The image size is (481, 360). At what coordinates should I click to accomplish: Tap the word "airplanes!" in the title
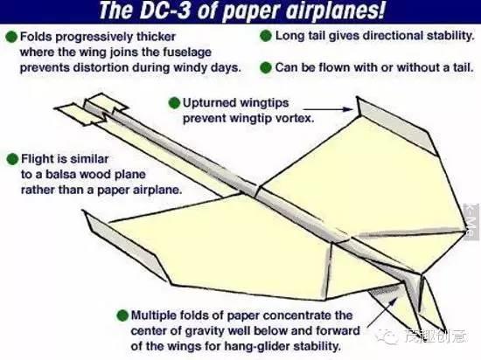(335, 11)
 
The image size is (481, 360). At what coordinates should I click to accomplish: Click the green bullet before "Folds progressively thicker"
(11, 37)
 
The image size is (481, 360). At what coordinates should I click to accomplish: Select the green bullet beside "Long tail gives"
(266, 36)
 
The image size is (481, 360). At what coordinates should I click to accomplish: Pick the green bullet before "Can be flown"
(266, 67)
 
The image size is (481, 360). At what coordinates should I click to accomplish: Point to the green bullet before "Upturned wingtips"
(174, 103)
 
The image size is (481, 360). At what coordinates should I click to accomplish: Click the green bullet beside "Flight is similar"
(12, 159)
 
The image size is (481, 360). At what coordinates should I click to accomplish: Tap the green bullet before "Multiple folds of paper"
(122, 315)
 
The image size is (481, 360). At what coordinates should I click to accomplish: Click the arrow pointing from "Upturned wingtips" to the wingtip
(328, 108)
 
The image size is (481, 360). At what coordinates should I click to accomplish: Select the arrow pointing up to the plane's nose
(381, 312)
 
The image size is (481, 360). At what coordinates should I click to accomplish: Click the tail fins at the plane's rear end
(91, 109)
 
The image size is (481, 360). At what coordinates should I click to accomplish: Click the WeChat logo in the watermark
(388, 336)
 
